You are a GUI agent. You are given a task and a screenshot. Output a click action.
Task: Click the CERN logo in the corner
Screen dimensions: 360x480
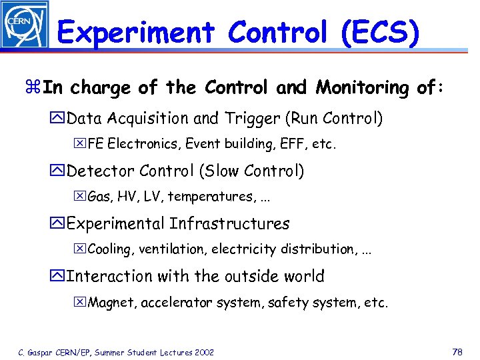coord(25,25)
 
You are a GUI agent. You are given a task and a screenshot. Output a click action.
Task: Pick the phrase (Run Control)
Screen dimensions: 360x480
coord(334,119)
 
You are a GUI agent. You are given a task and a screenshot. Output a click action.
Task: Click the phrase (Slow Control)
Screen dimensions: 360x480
coord(251,171)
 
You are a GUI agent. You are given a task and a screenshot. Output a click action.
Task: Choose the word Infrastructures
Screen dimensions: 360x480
coord(230,224)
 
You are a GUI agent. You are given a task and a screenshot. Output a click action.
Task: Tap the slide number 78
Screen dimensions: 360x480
coord(457,351)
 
